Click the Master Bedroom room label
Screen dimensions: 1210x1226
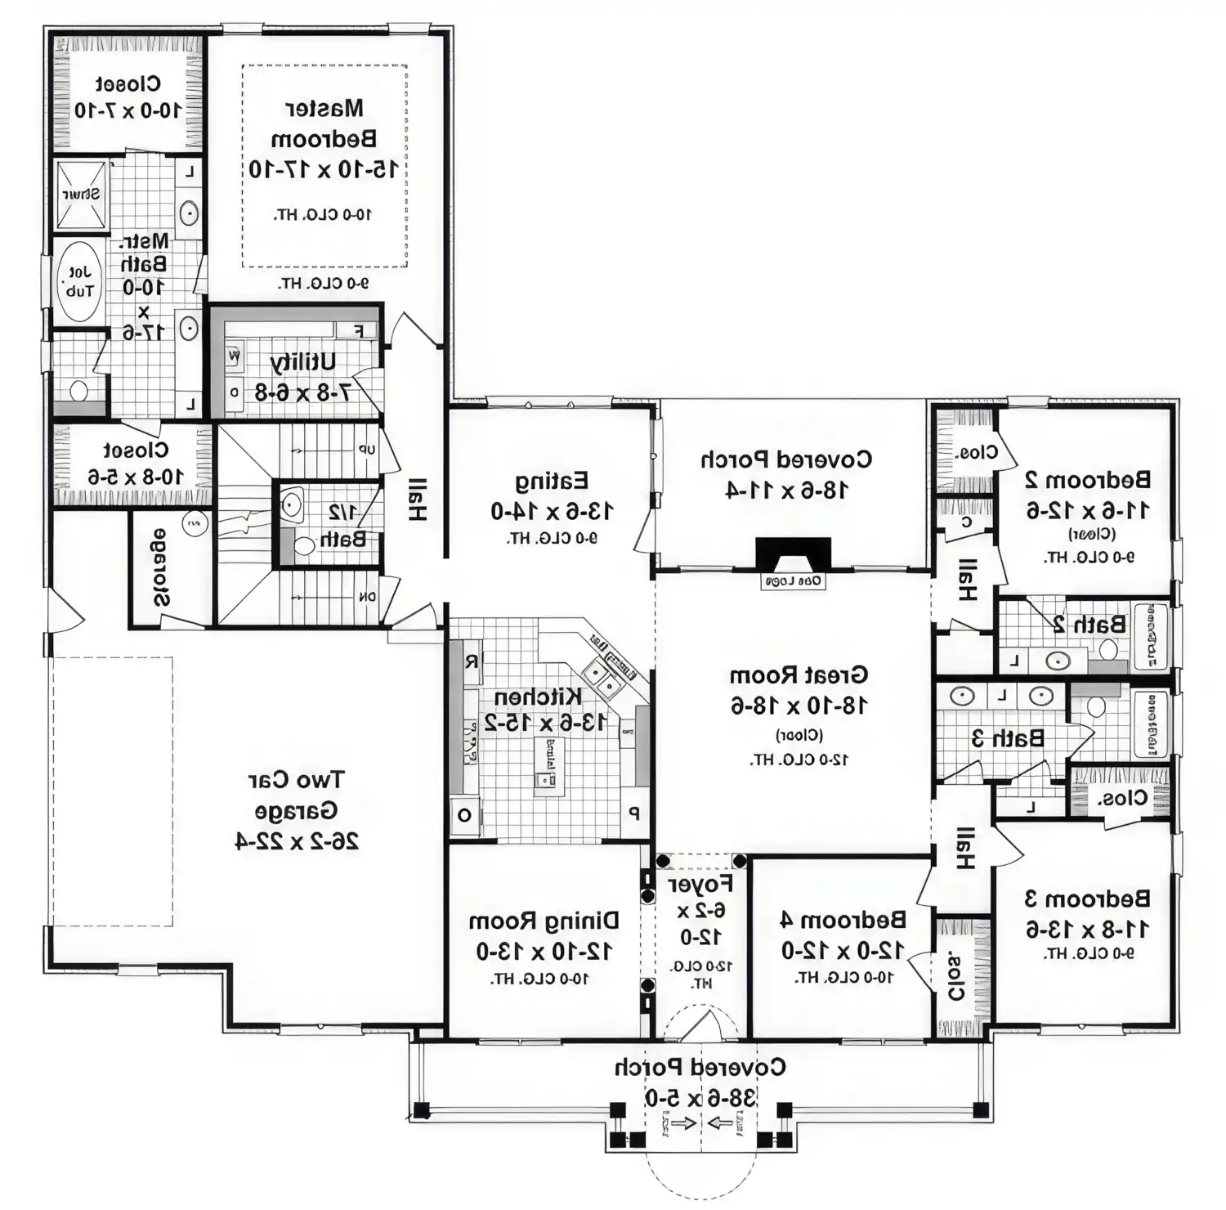(x=324, y=123)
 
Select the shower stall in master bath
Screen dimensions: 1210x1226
(x=81, y=194)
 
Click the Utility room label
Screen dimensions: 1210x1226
(x=302, y=362)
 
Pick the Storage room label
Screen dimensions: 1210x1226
(x=161, y=567)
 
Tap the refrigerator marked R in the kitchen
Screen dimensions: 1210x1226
(x=472, y=661)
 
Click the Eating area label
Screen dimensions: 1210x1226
(x=552, y=480)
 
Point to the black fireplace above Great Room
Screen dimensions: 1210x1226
(x=793, y=555)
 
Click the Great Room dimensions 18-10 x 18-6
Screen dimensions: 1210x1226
(x=799, y=705)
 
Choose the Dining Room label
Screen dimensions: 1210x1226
(x=544, y=921)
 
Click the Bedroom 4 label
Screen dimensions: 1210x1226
(x=843, y=920)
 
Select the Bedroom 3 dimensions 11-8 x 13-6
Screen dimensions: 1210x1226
(x=1087, y=929)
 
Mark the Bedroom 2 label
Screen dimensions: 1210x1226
(x=1087, y=479)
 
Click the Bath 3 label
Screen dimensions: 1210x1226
(x=1008, y=737)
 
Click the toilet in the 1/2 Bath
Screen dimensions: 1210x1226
(x=304, y=545)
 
